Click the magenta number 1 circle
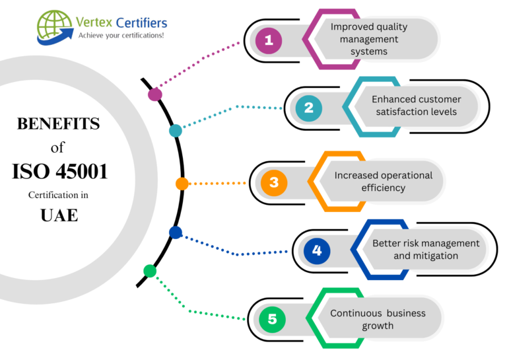pyautogui.click(x=268, y=41)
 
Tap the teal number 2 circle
pyautogui.click(x=308, y=108)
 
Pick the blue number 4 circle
pyautogui.click(x=317, y=250)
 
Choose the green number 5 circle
pyautogui.click(x=272, y=320)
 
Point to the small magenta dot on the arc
pyautogui.click(x=155, y=94)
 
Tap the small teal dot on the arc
pyautogui.click(x=175, y=131)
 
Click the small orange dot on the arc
pyautogui.click(x=182, y=184)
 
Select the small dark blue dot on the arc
pyautogui.click(x=175, y=233)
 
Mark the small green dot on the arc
pyautogui.click(x=150, y=271)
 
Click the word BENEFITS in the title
pyautogui.click(x=58, y=124)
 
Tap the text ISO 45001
pyautogui.click(x=59, y=172)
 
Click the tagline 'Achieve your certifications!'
pyautogui.click(x=121, y=35)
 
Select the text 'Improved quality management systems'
pyautogui.click(x=369, y=39)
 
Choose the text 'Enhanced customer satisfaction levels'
pyautogui.click(x=416, y=106)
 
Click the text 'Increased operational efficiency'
pyautogui.click(x=383, y=182)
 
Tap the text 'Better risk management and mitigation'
pyautogui.click(x=425, y=249)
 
